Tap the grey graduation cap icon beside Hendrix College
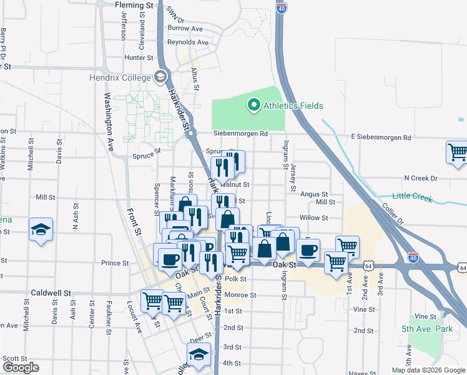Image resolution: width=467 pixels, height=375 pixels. [x=160, y=77]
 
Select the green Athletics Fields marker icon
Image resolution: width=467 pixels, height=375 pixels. [x=253, y=105]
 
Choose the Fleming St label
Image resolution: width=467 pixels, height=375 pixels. [x=134, y=5]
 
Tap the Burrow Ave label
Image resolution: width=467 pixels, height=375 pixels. [x=185, y=28]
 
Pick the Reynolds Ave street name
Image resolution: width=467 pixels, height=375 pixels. [x=187, y=42]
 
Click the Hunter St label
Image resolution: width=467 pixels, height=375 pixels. [x=139, y=57]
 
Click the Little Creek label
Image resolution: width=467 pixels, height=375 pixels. [x=413, y=197]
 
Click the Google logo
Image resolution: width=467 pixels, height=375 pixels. [x=21, y=367]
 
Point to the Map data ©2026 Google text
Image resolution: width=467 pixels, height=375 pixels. [x=428, y=370]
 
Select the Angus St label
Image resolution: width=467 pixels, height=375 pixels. [x=314, y=194]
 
